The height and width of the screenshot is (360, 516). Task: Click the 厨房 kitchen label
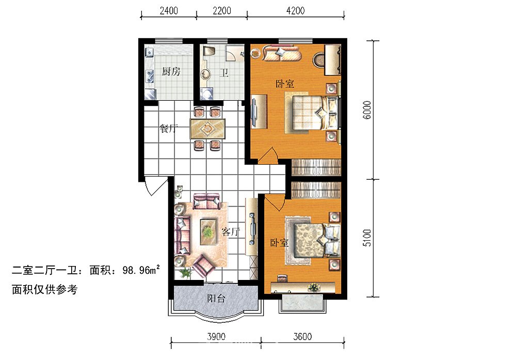click(171, 71)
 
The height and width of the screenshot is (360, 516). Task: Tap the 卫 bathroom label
click(224, 72)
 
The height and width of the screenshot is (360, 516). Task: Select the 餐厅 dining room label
click(169, 128)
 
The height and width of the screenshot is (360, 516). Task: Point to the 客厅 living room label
click(230, 232)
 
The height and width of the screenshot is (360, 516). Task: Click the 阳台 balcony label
click(216, 299)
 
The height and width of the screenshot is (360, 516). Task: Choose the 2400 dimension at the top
click(169, 11)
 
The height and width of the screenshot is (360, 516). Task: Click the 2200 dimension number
click(222, 11)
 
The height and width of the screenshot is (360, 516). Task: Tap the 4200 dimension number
click(296, 11)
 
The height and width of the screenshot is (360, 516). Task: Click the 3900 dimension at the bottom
click(216, 336)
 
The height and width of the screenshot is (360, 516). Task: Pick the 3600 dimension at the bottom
click(302, 336)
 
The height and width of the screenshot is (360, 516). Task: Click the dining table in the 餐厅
click(207, 128)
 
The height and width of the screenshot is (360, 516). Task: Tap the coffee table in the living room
click(208, 232)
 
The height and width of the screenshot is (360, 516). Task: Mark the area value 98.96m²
click(141, 271)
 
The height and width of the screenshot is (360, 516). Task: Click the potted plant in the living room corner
click(186, 273)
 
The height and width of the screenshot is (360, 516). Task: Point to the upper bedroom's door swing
click(268, 155)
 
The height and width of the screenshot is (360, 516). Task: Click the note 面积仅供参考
click(45, 289)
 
